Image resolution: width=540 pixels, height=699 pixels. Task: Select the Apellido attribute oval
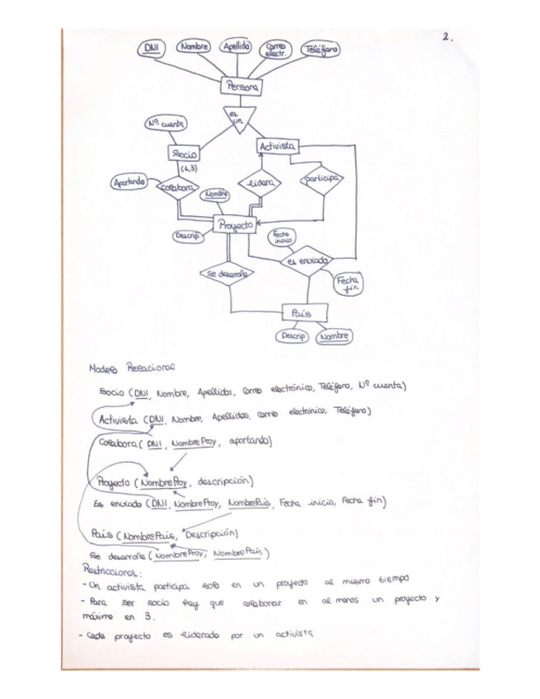(x=236, y=47)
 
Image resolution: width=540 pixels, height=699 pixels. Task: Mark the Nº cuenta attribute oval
(x=165, y=124)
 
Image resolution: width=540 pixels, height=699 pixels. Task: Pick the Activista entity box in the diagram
(x=277, y=147)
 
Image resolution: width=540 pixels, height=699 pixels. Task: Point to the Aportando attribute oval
(x=129, y=181)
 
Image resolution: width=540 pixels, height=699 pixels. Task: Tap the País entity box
(x=305, y=313)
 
